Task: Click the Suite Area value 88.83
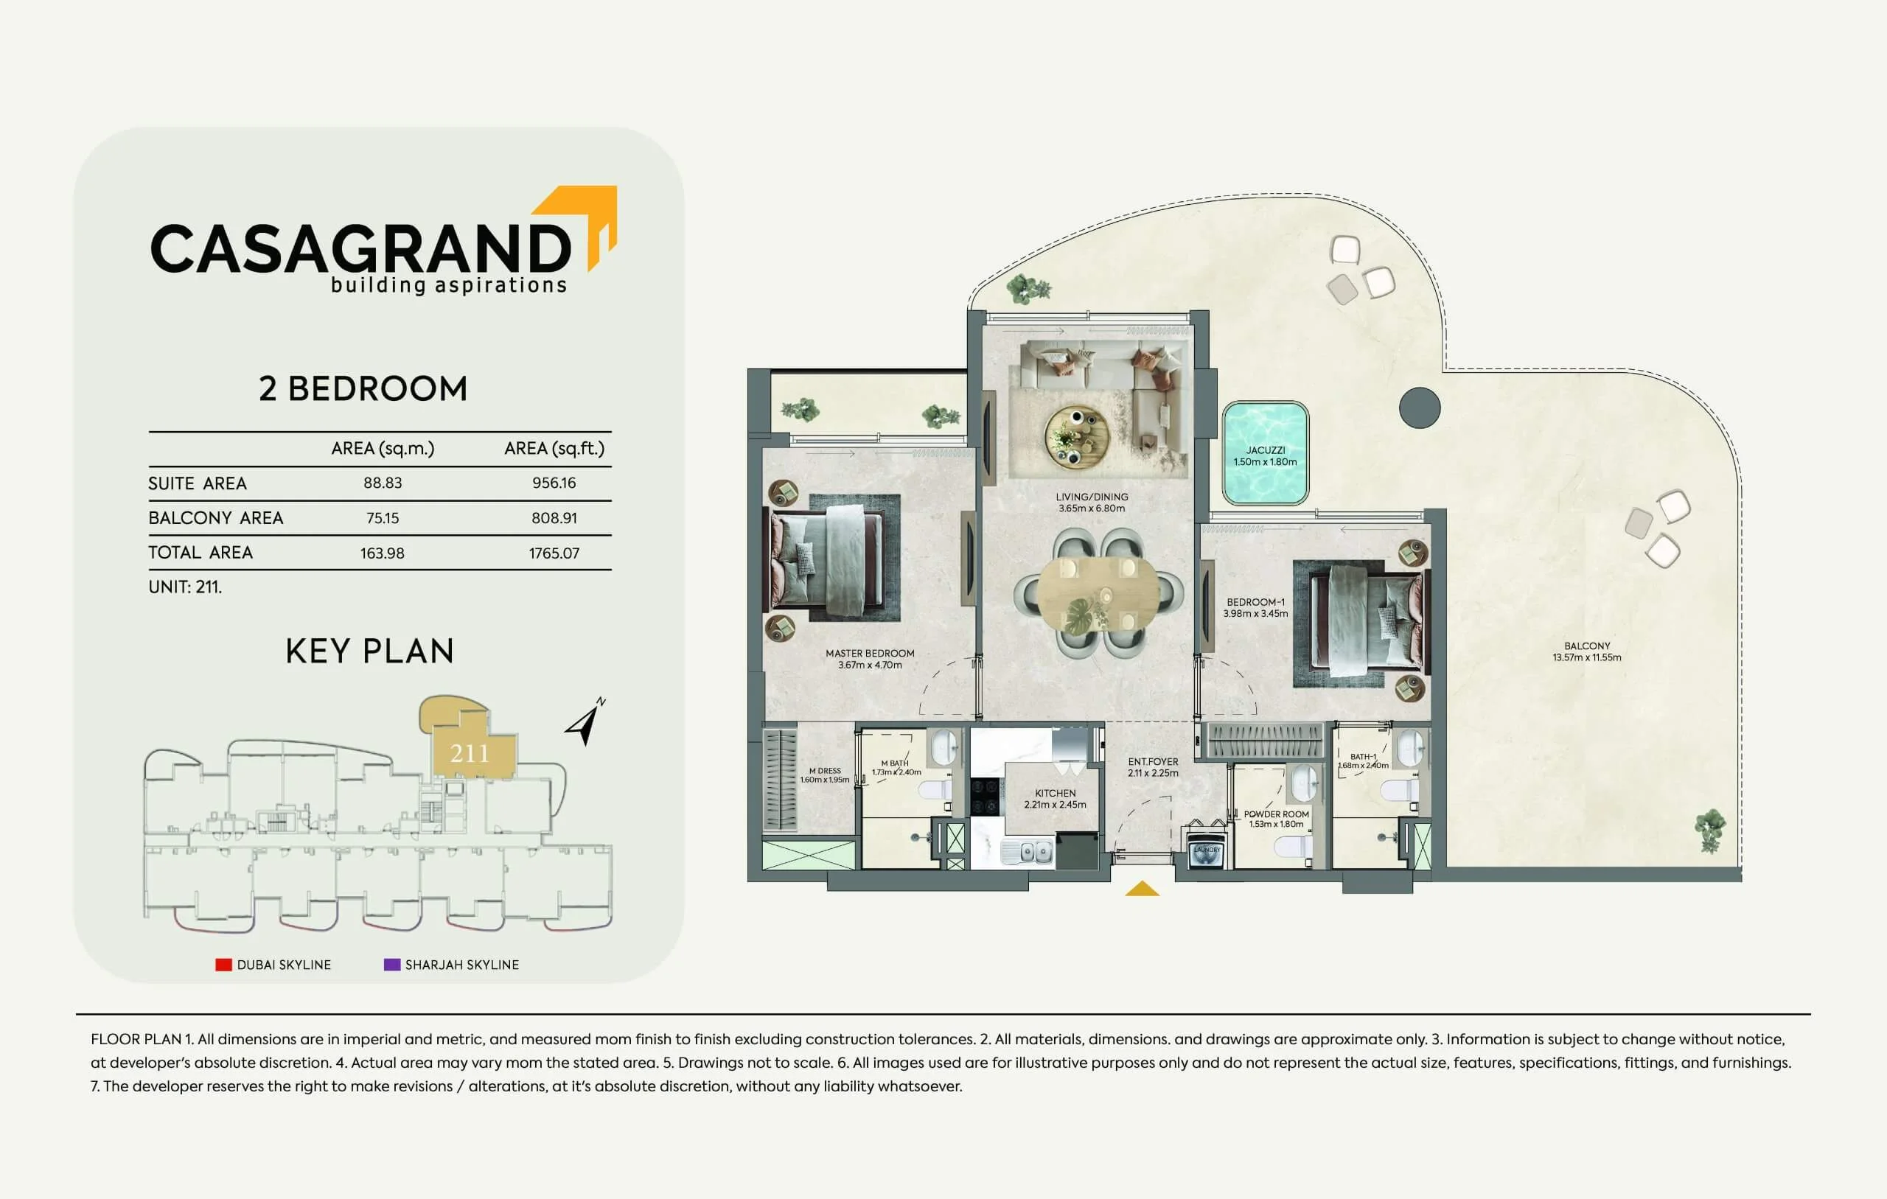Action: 383,483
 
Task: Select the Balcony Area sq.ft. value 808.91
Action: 554,518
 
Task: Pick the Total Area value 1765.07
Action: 554,553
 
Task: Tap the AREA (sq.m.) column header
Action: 383,448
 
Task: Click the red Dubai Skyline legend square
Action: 223,965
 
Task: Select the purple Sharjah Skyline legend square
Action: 392,965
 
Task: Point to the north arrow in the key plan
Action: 585,721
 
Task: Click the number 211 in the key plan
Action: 470,754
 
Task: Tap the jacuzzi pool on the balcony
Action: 1265,454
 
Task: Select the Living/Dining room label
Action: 1092,503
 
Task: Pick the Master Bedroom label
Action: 870,659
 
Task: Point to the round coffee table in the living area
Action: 1077,437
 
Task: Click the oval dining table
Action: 1097,593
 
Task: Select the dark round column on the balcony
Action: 1420,408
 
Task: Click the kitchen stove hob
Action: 986,796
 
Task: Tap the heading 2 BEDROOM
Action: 363,388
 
